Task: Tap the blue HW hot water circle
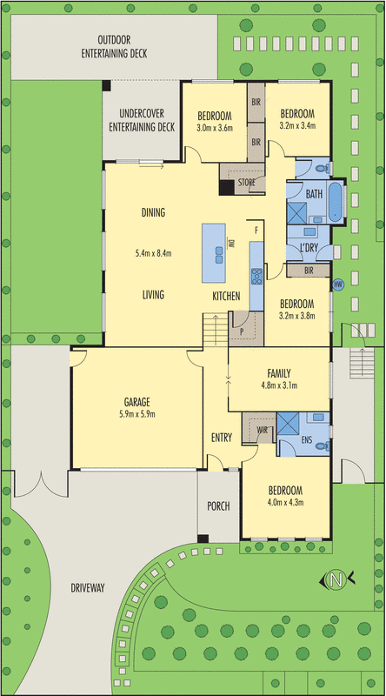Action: coord(338,284)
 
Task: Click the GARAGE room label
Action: coord(136,403)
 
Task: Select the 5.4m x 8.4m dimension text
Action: coord(153,254)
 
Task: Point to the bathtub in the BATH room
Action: coord(336,201)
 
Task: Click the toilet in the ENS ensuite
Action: coord(324,446)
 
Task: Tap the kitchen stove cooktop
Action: coord(256,276)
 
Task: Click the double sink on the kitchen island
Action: coord(220,256)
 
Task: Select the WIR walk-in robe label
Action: coord(263,430)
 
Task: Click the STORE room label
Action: coord(246,182)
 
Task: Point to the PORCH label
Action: coord(219,506)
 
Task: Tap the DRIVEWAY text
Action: coord(88,589)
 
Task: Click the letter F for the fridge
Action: coord(256,231)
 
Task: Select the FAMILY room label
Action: coord(279,373)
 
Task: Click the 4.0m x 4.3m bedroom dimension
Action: coord(286,503)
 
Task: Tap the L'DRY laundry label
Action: coord(309,248)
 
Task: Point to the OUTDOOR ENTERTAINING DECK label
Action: coord(114,47)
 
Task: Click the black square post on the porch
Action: coord(203,539)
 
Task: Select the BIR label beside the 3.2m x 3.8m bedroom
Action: coord(309,270)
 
